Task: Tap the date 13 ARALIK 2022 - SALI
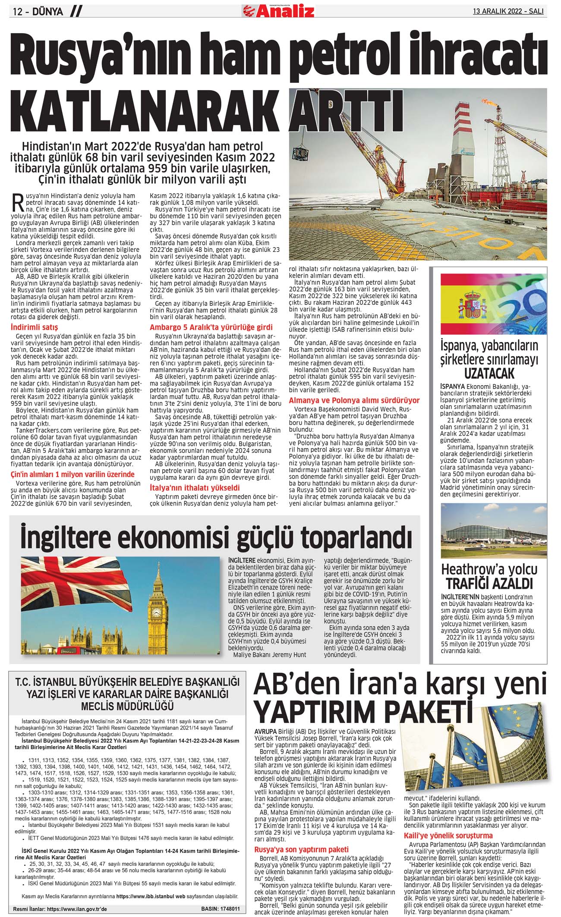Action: (508, 11)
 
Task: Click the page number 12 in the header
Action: (18, 12)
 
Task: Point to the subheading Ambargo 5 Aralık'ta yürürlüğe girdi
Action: (211, 327)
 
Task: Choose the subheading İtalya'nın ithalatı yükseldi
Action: (195, 488)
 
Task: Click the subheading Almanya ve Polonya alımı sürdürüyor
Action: (354, 400)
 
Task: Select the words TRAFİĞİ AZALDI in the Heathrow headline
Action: (489, 584)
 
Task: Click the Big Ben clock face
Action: (159, 612)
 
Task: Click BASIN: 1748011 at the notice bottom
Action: (220, 909)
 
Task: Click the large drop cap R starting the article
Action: (18, 202)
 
